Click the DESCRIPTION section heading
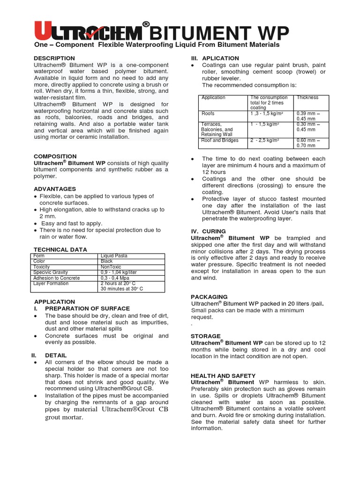click(x=54, y=58)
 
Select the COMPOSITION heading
click(x=55, y=156)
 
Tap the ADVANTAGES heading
click(x=55, y=189)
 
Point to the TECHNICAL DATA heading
click(x=60, y=249)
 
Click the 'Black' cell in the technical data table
click(x=107, y=261)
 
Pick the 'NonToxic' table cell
click(x=111, y=267)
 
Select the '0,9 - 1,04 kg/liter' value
click(x=119, y=272)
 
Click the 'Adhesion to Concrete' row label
click(x=56, y=278)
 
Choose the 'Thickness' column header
click(x=307, y=97)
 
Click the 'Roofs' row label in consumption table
click(x=208, y=113)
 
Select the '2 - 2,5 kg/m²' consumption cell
click(x=265, y=140)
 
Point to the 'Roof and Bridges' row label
click(x=219, y=140)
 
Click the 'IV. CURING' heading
click(x=208, y=231)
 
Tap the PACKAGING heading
click(x=209, y=297)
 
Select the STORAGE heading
click(x=206, y=336)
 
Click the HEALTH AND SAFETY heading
click(x=223, y=375)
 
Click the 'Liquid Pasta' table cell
click(x=114, y=255)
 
